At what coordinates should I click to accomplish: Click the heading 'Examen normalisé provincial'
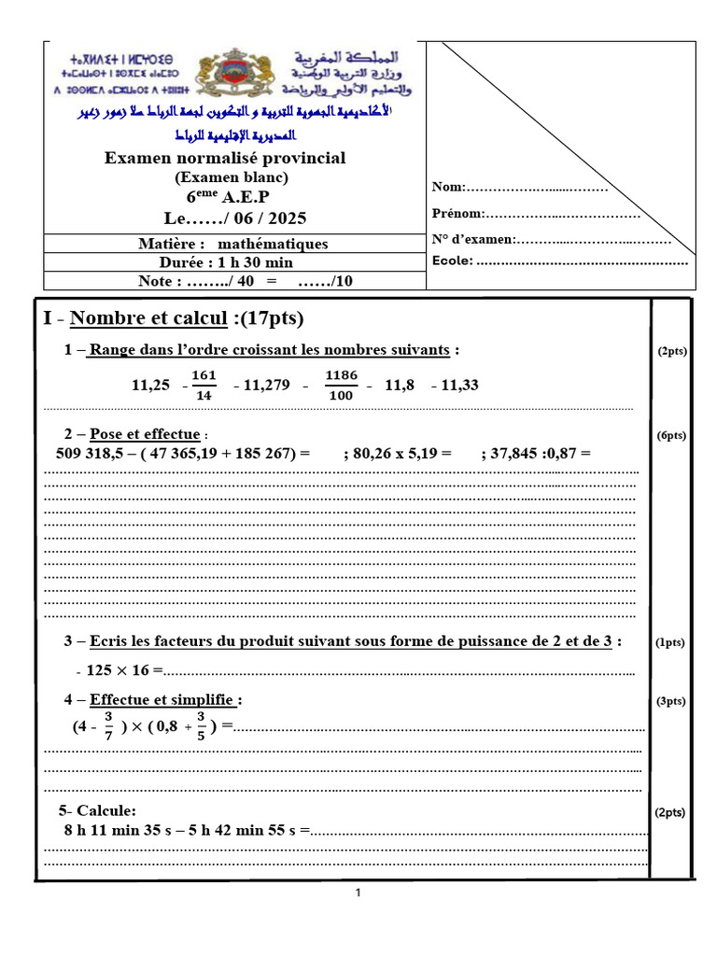click(x=225, y=158)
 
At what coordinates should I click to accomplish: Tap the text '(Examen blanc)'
click(x=232, y=176)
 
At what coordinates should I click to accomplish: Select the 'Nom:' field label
click(x=447, y=189)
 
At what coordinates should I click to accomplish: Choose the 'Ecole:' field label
click(x=452, y=260)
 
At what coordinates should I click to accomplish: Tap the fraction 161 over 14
click(x=204, y=384)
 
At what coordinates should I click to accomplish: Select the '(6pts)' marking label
click(x=671, y=435)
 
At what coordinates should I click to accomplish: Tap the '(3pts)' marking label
click(x=671, y=701)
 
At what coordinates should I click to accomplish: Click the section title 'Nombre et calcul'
click(x=148, y=318)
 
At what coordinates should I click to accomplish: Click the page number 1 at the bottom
click(x=358, y=893)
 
